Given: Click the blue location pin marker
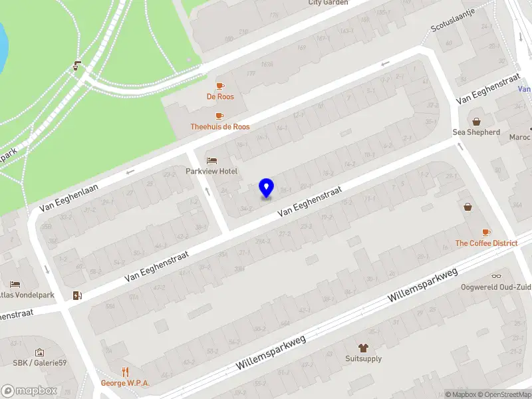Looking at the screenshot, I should [266, 188].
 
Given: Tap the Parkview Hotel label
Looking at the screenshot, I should [211, 171].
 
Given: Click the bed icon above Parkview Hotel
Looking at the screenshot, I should [211, 160].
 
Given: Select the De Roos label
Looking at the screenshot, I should [219, 96].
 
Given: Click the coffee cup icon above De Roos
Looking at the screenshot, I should [219, 86].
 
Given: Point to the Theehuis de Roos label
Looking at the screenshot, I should [220, 126].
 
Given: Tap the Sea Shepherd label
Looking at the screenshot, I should [476, 132].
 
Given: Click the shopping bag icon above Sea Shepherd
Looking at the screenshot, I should [476, 121].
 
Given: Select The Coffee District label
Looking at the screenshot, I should [486, 243].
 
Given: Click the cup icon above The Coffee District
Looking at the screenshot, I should [486, 232].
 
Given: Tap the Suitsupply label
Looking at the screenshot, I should [363, 358].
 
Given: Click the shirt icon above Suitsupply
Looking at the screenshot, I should [363, 347].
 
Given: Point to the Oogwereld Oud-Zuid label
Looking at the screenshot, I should [496, 287].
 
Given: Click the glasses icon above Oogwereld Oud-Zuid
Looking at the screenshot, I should [496, 276].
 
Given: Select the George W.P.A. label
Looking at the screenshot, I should [125, 383].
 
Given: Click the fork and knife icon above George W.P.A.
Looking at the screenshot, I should [125, 372].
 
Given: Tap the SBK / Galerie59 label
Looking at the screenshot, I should [40, 362].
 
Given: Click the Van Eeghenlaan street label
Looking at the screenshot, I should [68, 198].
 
